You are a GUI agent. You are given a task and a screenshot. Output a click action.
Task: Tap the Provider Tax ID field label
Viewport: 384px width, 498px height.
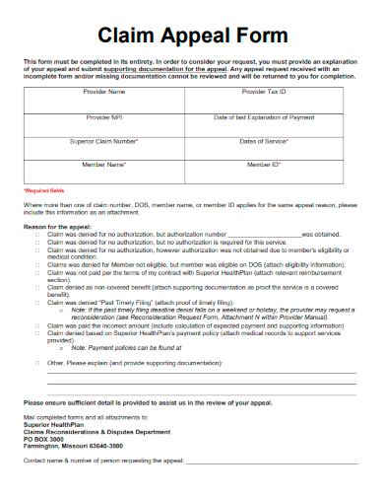263,92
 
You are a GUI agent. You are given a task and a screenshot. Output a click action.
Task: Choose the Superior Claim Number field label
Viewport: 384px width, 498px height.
109,141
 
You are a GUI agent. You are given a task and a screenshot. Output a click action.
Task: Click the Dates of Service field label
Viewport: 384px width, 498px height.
263,141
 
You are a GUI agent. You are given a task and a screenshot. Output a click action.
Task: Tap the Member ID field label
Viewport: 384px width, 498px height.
263,165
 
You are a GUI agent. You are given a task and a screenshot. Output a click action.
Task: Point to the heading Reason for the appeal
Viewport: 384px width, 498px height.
60,226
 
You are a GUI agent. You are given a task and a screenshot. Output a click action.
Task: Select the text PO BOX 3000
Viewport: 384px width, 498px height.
47,439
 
